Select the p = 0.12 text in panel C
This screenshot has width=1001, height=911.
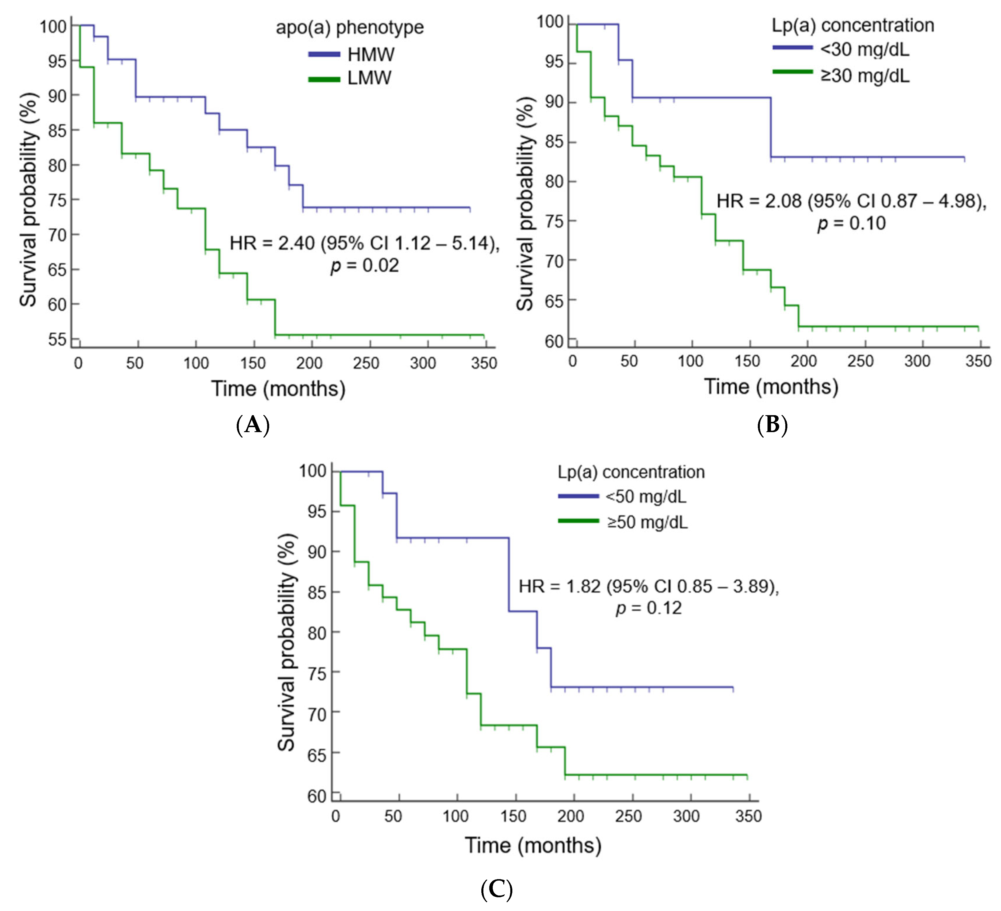(x=649, y=608)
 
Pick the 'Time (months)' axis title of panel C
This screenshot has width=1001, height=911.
(x=533, y=845)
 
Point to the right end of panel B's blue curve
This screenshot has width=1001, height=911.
(x=964, y=158)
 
